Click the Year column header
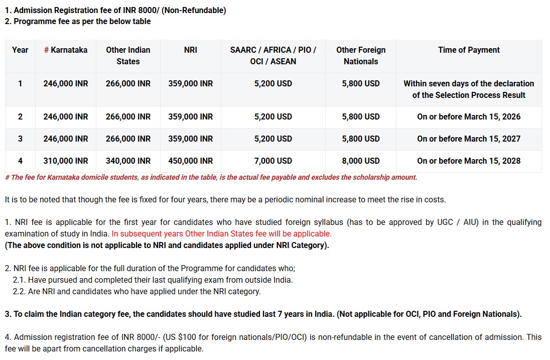click(20, 50)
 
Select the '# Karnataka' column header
click(65, 50)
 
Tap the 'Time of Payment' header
click(469, 50)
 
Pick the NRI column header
click(191, 50)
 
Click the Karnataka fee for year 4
click(65, 161)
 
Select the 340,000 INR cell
click(128, 161)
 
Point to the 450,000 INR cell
click(191, 161)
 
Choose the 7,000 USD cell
click(273, 161)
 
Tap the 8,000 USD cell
click(361, 161)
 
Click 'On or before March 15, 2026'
click(469, 116)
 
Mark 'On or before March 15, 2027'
click(469, 139)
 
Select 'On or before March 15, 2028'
click(469, 161)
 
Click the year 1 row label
click(20, 83)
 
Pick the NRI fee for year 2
click(191, 116)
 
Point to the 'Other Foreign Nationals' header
click(361, 55)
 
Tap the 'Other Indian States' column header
click(128, 55)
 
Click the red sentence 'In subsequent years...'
click(221, 233)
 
